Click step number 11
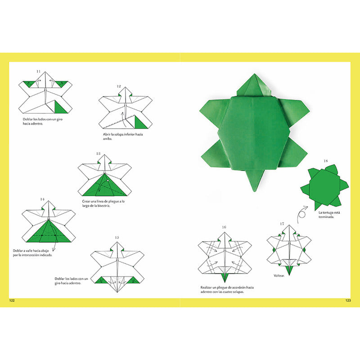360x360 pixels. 38,72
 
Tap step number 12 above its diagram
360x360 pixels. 118,86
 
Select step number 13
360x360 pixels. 98,153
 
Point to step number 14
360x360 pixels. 42,198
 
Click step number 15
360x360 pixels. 117,237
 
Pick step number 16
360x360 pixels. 224,227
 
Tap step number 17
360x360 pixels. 282,224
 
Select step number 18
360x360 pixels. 325,161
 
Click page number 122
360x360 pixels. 12,301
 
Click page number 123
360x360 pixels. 347,301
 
